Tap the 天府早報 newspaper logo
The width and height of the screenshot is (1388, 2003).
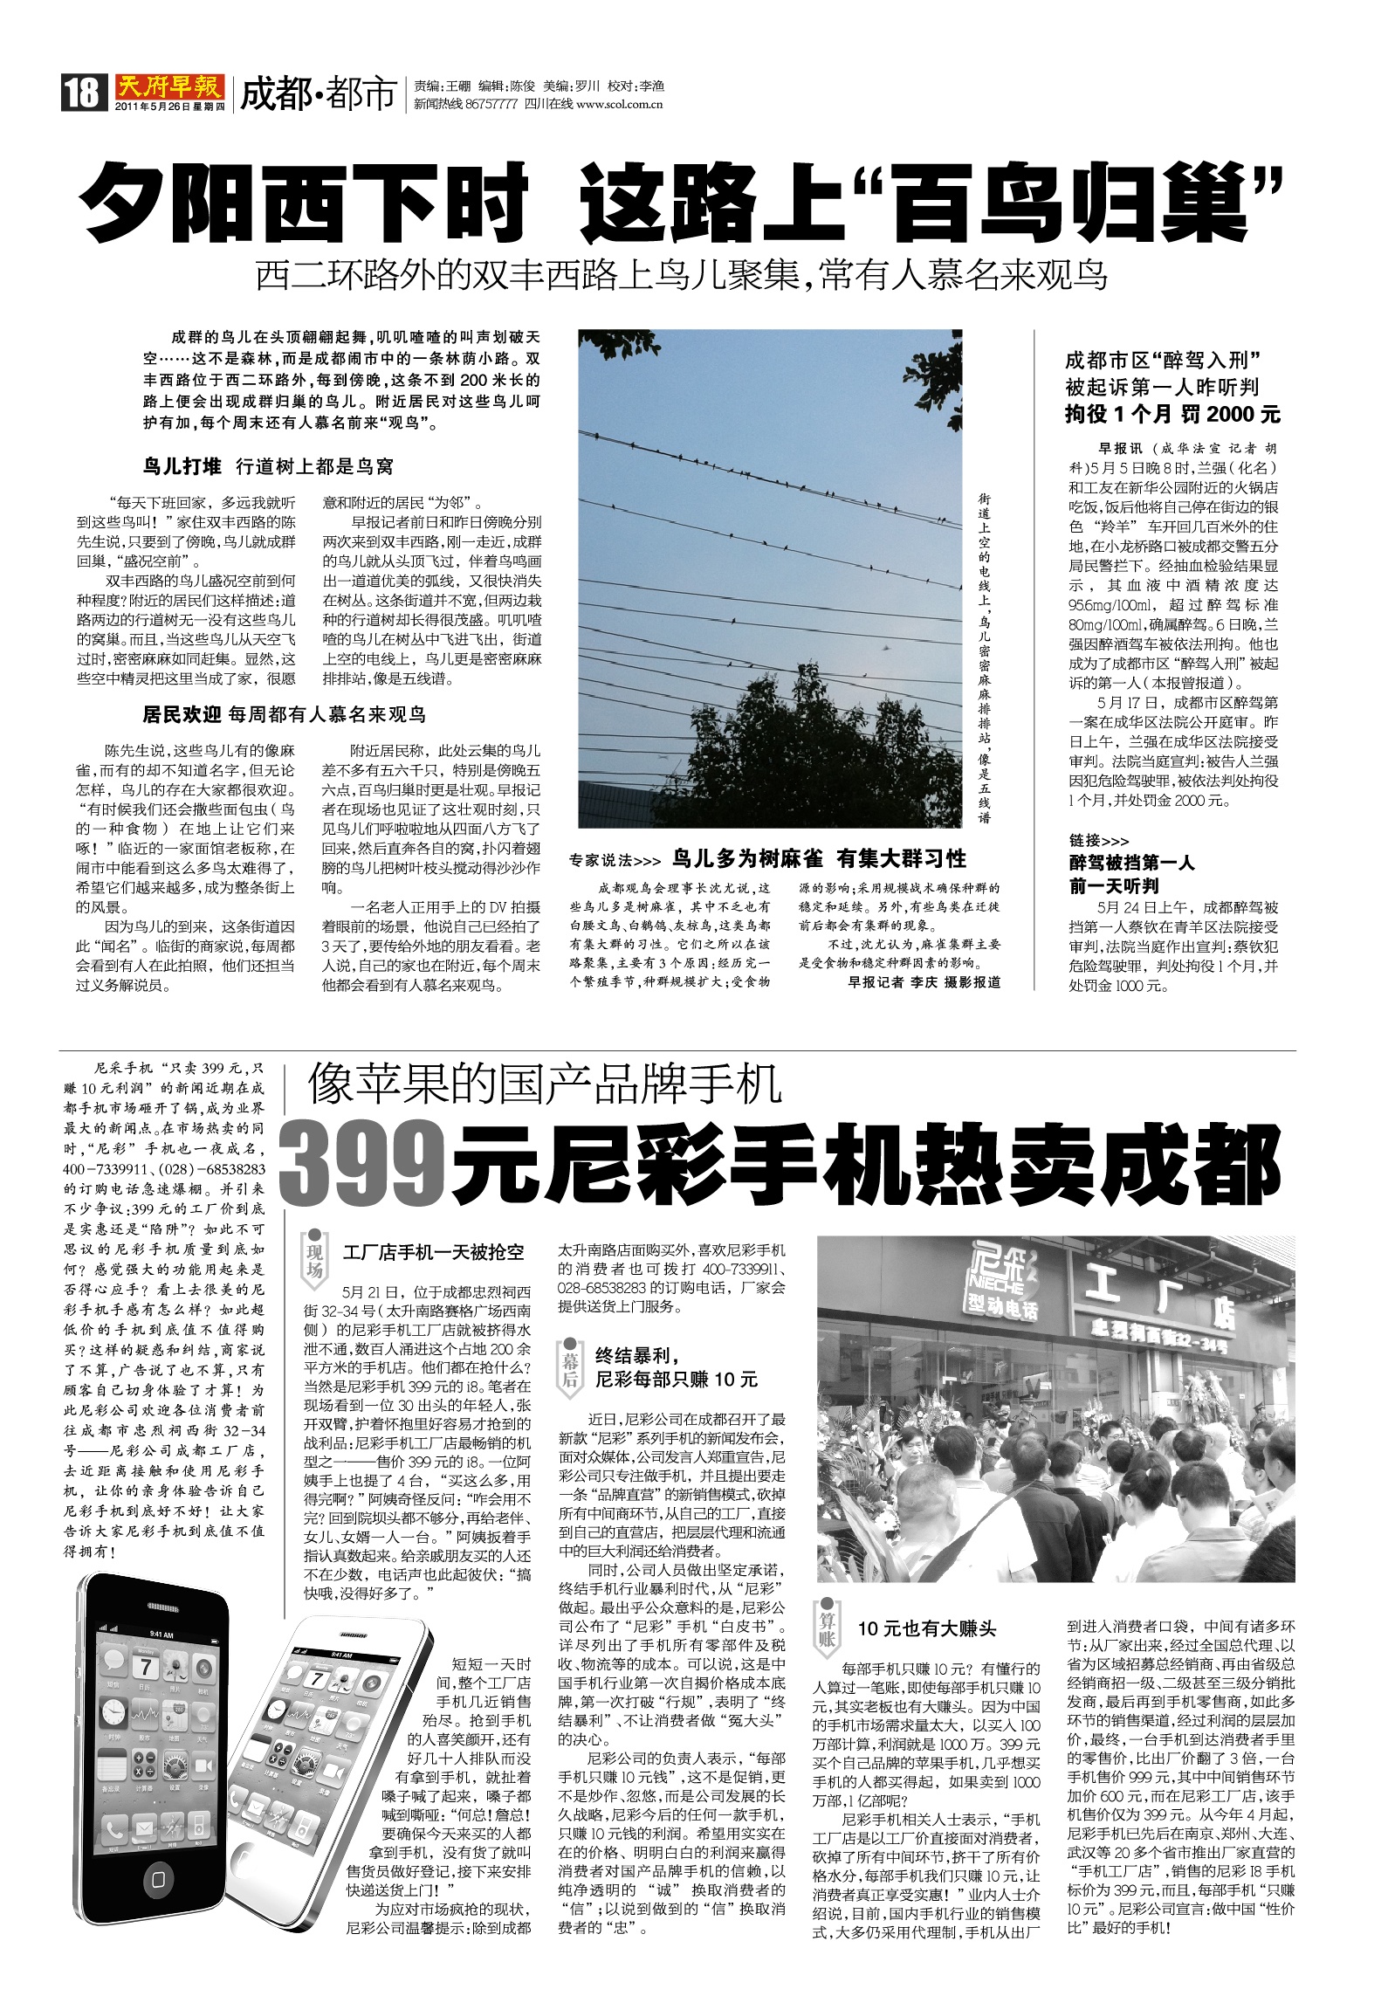coord(168,86)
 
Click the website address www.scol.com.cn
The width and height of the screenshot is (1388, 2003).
coord(620,105)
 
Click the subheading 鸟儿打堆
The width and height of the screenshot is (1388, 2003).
coord(182,466)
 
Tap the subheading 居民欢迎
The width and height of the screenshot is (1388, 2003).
coord(182,715)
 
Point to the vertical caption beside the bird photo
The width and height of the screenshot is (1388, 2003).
coord(984,659)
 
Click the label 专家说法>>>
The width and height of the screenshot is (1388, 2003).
coord(615,860)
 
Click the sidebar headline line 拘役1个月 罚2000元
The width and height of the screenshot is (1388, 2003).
coord(1172,414)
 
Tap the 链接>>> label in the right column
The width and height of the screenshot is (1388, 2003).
coord(1098,840)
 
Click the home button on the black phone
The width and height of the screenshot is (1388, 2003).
coord(158,1874)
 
